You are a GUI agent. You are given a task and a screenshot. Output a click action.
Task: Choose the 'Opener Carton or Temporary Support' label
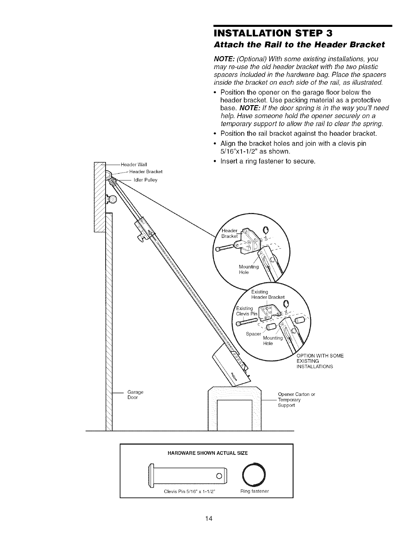[296, 400]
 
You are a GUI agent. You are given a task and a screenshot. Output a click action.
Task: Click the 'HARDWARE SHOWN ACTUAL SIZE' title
[206, 453]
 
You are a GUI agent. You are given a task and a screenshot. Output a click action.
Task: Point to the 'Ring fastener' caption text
[254, 491]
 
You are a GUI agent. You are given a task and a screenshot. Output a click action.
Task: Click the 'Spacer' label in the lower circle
[253, 334]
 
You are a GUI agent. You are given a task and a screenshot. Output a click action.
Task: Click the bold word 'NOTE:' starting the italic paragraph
[223, 59]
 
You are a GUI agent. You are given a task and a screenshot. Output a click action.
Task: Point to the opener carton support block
[234, 408]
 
